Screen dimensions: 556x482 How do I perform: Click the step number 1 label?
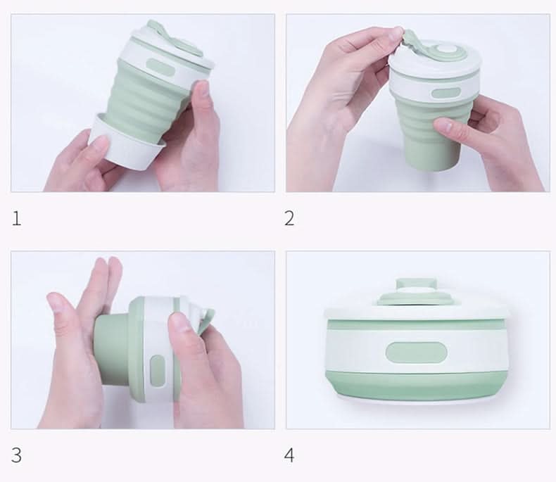[16, 218]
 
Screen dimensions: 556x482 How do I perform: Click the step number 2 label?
[289, 218]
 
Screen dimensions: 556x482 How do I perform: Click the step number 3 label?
[16, 455]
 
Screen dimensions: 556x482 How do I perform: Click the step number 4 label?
[289, 455]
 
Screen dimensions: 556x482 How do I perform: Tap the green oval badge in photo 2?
[446, 94]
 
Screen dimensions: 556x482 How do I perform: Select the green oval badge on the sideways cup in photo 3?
[158, 371]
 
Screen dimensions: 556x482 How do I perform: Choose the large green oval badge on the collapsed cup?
[416, 353]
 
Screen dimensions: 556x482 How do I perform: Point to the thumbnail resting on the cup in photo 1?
[203, 89]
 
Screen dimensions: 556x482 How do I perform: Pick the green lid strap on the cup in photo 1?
[172, 38]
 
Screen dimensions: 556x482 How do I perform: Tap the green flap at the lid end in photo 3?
[207, 321]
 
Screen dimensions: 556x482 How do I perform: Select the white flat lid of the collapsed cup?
[416, 311]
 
